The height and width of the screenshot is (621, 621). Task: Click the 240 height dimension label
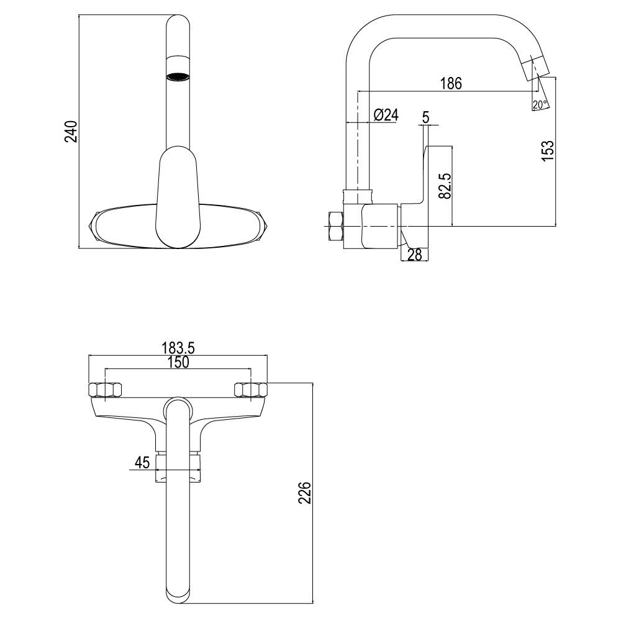coord(71,131)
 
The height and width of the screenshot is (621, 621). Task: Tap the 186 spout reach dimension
coord(451,83)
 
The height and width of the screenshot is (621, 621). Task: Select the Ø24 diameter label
coord(386,115)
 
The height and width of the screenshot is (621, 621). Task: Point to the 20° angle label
coord(540,104)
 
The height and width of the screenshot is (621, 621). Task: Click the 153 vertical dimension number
coord(547,150)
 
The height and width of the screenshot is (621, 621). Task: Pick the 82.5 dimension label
coord(445,185)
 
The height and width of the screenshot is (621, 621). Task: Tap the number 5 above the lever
coord(426,117)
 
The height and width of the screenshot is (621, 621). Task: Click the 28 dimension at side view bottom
coord(415,255)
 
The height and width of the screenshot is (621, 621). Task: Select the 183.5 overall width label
coord(178,348)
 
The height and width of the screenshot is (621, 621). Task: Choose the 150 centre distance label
coord(178,362)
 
